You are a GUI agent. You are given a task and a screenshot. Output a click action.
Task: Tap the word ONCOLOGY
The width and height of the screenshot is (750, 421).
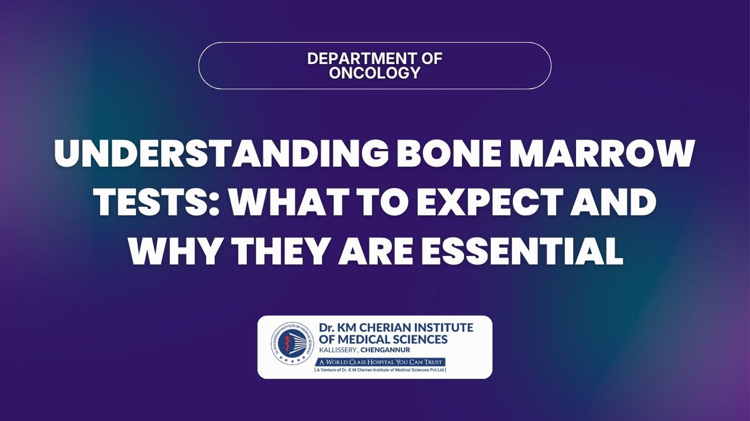click(x=374, y=73)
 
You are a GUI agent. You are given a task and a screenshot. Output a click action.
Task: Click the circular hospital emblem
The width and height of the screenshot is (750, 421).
click(x=292, y=343)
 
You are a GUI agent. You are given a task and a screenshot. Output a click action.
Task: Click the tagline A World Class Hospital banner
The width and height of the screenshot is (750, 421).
click(x=380, y=362)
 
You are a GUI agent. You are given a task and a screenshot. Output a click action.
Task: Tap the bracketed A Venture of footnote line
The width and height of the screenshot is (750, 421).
click(x=380, y=370)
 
